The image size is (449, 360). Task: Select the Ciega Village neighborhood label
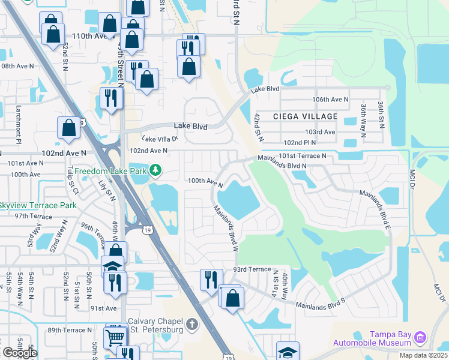[304, 116]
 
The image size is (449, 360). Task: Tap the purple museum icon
[421, 338]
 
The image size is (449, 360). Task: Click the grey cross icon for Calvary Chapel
[192, 325]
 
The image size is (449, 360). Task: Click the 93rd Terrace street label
[252, 269]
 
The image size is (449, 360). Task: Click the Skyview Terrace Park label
[37, 205]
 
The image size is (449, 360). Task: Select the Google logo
[19, 353]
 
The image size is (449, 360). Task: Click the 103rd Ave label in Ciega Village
[319, 131]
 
